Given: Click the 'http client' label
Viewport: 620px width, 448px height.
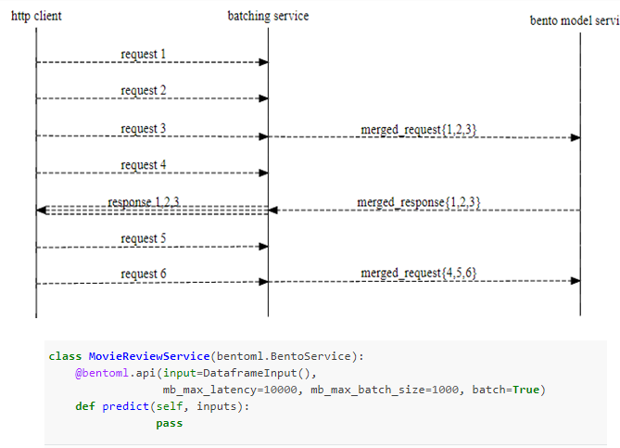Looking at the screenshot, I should coord(37,16).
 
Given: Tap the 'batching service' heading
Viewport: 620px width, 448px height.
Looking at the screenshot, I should coord(268,16).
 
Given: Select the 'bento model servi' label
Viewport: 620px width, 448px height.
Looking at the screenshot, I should coord(574,20).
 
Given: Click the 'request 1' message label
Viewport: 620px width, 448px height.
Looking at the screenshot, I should coord(144,54).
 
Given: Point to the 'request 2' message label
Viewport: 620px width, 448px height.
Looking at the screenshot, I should coord(144,91).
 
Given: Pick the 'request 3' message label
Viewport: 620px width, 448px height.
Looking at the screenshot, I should coord(144,128).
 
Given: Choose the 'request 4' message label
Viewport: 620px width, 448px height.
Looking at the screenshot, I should coord(144,165).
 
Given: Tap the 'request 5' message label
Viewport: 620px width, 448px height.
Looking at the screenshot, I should coord(144,238).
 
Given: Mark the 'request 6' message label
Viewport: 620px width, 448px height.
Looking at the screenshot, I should coord(144,274).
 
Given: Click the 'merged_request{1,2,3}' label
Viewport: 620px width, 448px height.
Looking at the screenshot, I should coord(419,128).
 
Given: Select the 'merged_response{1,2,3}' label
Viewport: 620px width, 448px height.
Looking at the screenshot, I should coord(418,201).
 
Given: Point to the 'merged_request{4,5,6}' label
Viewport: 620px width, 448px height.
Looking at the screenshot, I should coord(419,273).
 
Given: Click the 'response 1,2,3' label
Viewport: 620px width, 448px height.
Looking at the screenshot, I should coord(144,201).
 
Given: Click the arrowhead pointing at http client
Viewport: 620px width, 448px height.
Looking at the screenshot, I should coord(42,211).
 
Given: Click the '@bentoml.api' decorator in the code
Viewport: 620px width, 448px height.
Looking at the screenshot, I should coord(108,373).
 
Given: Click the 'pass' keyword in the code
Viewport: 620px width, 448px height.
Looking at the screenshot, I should coord(169,423).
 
